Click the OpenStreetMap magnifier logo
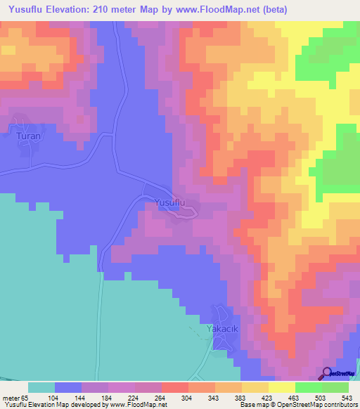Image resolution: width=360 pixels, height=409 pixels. (x=327, y=374)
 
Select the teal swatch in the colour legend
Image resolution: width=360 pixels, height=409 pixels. (x=41, y=387)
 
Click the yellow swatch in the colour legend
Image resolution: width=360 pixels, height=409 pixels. (x=282, y=387)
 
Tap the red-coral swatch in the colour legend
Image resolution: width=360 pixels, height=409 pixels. (x=175, y=387)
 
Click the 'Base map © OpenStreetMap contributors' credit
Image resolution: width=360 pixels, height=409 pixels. (x=297, y=404)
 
